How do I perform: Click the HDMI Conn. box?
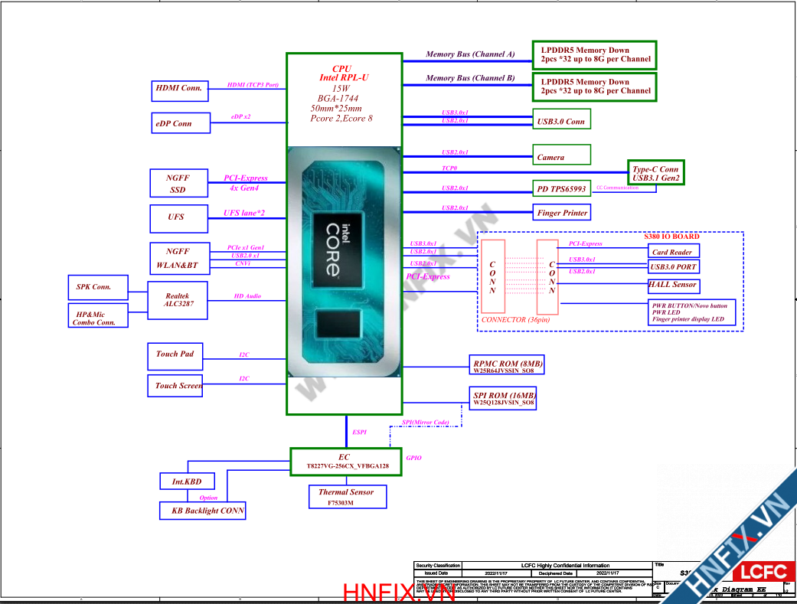(179, 90)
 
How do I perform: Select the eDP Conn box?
(180, 123)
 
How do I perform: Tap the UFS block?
(177, 217)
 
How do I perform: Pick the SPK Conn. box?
(93, 287)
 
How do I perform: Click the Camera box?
(561, 155)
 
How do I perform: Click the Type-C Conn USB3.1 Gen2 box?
(655, 174)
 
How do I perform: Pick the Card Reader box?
(673, 252)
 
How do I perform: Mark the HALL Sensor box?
(673, 285)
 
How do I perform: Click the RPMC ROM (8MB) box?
(506, 365)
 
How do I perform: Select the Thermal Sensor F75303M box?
(347, 497)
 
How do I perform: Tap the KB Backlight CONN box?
(202, 511)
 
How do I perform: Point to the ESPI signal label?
(359, 433)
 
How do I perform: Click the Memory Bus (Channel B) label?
(470, 78)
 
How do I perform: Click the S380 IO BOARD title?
(671, 237)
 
